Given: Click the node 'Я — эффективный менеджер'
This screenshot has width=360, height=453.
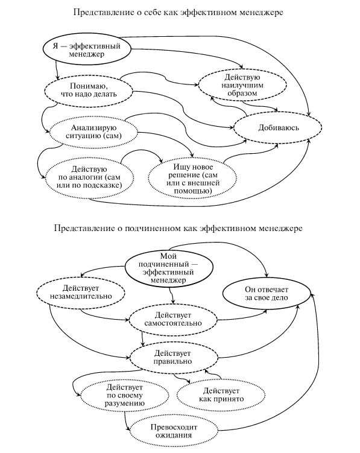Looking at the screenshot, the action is click(86, 49).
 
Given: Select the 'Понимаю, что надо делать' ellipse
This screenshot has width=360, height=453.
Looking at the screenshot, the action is click(89, 90).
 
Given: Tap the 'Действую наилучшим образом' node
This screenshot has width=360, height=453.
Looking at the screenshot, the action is click(242, 85).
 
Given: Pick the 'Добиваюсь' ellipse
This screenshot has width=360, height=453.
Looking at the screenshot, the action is click(277, 127).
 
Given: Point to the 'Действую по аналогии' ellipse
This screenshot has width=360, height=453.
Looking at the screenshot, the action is click(89, 177).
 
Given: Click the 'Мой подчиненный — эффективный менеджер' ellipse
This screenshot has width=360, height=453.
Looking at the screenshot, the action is click(169, 268).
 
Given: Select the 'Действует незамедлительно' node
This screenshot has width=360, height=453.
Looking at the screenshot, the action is click(81, 292).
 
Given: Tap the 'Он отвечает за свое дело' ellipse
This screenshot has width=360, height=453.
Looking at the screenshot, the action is click(267, 294).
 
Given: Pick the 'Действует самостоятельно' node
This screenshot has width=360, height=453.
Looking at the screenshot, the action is click(173, 319).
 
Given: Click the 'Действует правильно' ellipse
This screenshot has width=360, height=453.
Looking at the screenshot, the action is click(173, 357).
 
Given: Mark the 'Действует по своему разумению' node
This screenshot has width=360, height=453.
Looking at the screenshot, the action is click(125, 395).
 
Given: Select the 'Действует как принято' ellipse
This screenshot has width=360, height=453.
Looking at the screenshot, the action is click(221, 395).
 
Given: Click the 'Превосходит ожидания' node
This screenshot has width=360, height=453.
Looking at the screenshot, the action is click(174, 431).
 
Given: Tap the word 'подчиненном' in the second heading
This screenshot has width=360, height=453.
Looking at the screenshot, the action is click(153, 229).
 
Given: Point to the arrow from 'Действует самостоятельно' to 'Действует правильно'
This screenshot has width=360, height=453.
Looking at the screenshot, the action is click(142, 339).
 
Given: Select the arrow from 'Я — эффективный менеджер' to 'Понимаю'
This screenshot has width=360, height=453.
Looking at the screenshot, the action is click(57, 70).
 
